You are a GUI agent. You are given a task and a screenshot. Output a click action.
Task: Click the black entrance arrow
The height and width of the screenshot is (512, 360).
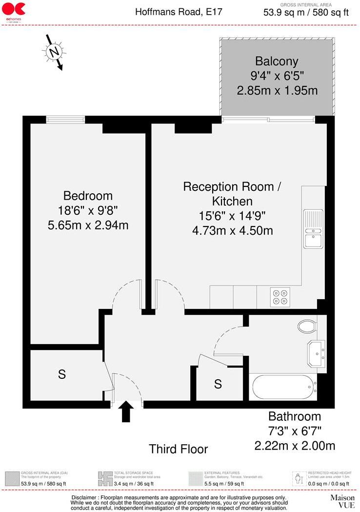point(126,411)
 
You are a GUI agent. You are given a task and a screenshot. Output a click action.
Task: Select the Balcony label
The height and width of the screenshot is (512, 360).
point(277,61)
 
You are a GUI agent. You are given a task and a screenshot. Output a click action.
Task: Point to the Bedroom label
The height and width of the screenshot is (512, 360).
point(88,196)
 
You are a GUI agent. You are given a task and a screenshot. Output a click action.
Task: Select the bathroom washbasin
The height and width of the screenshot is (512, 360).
point(316,352)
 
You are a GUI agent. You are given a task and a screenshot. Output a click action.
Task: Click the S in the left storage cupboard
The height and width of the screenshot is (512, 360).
point(62,375)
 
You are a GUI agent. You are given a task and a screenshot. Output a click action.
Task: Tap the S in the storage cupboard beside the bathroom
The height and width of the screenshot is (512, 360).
point(218,384)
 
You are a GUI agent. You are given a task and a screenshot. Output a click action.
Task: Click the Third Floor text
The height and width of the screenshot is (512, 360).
point(178,449)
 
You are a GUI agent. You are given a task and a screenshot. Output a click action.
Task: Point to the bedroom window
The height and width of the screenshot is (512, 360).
point(65,119)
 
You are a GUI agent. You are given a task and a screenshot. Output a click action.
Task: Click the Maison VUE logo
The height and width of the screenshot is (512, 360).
point(342,501)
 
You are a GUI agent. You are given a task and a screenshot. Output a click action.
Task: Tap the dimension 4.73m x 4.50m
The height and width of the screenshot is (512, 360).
point(232,230)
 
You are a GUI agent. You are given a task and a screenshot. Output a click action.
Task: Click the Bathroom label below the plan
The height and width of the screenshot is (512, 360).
point(295,416)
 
